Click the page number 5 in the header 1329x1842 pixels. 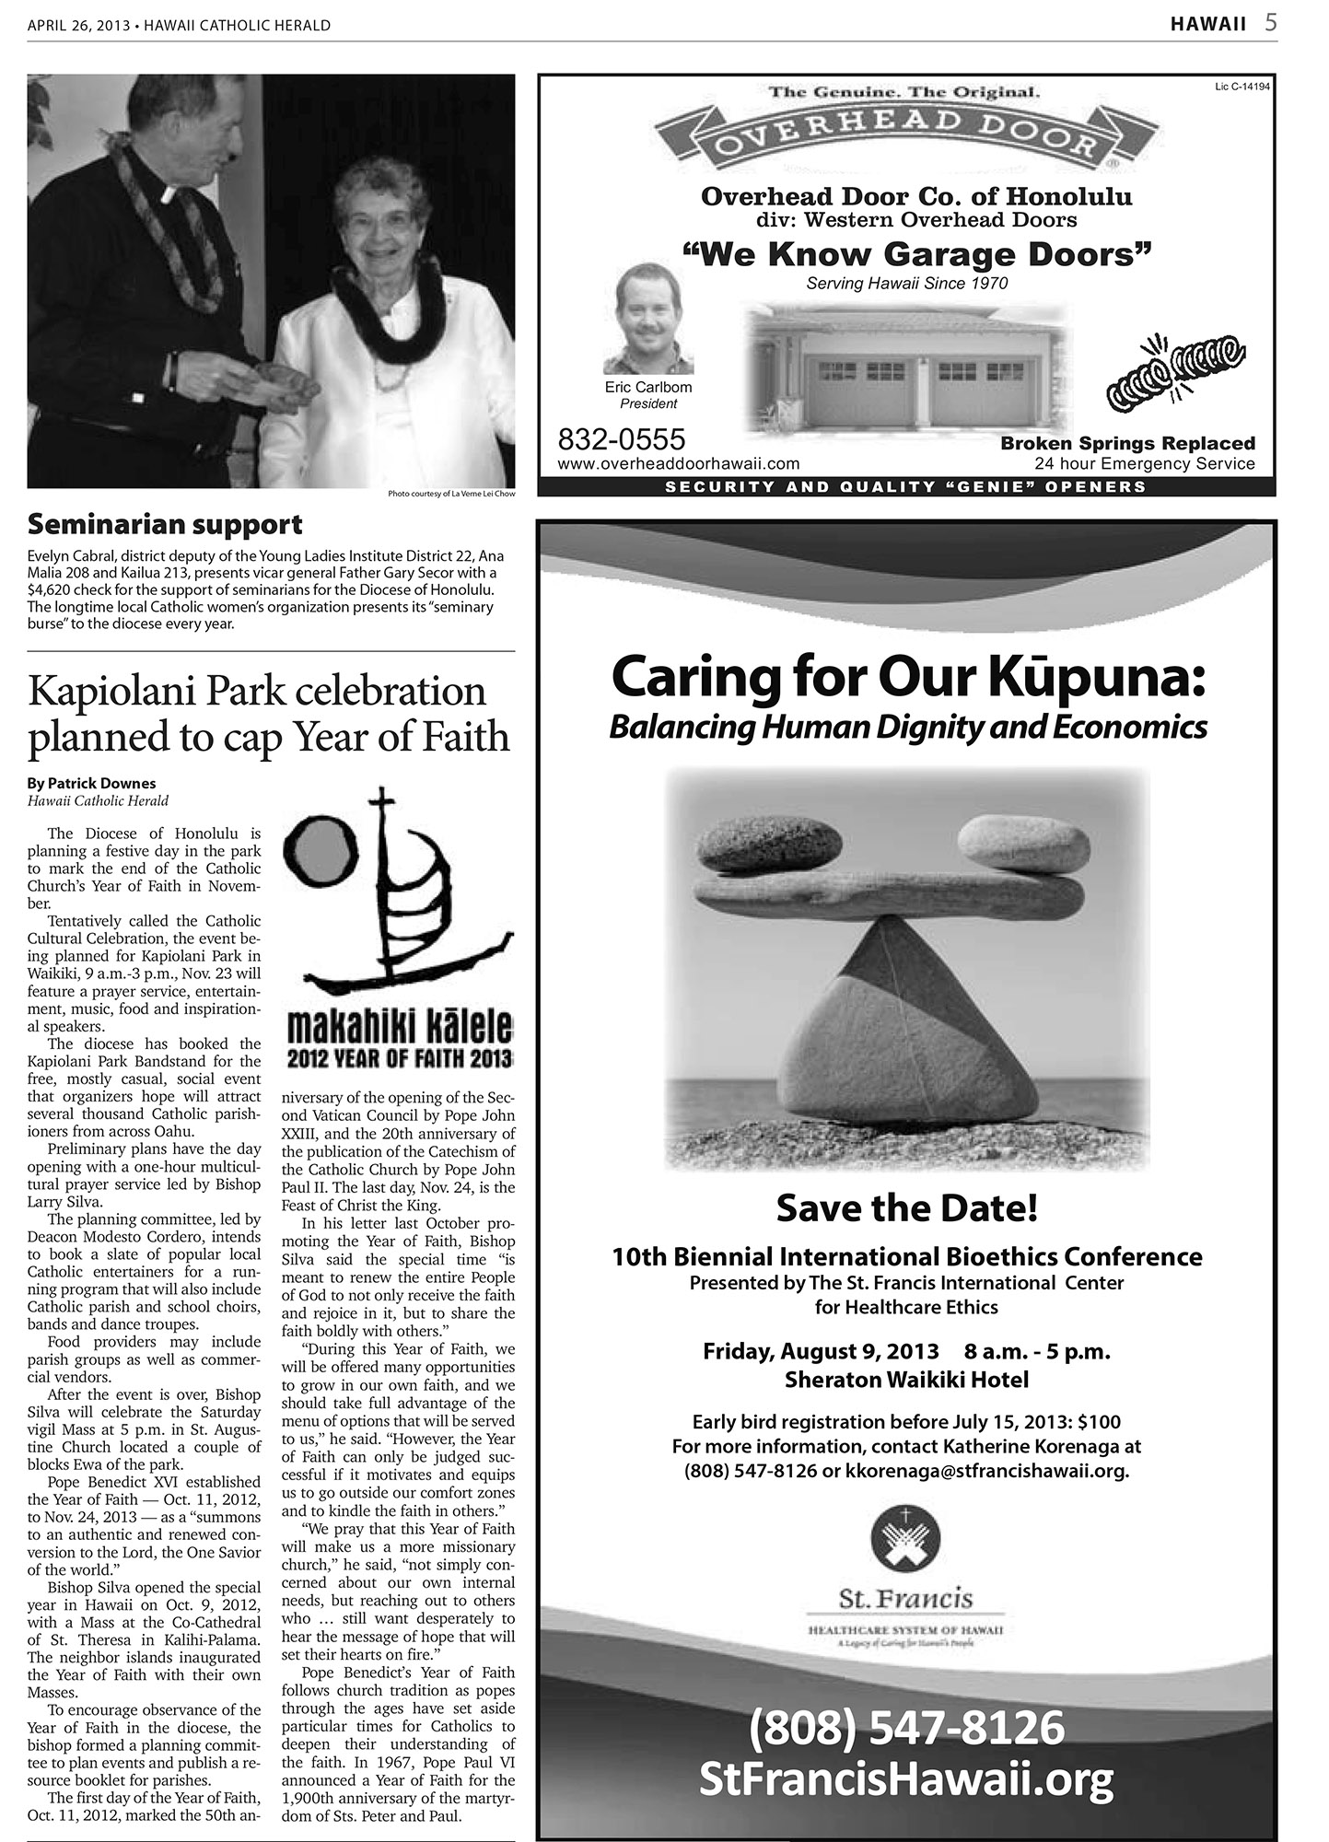click(x=1270, y=23)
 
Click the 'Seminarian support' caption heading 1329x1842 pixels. click(x=165, y=524)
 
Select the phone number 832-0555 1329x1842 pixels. click(x=622, y=438)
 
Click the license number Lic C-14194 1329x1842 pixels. click(x=1242, y=87)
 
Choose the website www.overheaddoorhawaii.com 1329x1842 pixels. click(x=679, y=464)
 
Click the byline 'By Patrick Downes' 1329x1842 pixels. click(x=92, y=784)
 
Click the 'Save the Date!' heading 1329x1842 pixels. click(x=907, y=1207)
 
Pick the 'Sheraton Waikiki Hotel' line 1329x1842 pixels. click(x=906, y=1380)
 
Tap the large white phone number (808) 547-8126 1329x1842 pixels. click(x=906, y=1727)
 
